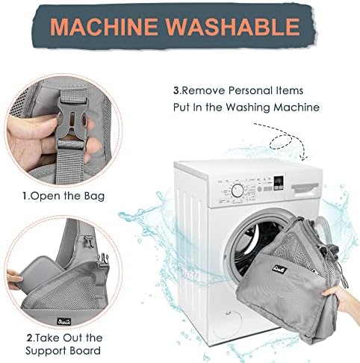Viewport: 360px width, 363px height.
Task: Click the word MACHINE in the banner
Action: (104, 26)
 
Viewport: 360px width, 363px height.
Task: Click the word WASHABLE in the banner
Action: (233, 26)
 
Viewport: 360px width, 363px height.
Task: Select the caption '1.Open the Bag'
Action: (63, 196)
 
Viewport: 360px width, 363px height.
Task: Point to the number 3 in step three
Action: (176, 90)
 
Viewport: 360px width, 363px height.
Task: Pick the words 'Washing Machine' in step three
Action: (273, 108)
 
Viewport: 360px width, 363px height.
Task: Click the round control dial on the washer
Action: (238, 190)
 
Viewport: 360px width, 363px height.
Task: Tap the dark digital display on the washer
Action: (279, 183)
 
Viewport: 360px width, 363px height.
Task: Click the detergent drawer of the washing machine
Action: (305, 188)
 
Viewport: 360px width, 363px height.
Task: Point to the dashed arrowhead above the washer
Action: (304, 156)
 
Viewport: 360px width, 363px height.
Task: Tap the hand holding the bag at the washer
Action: (342, 299)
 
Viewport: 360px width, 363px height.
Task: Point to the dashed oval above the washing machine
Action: (281, 142)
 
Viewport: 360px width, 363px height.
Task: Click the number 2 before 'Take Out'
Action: (29, 338)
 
